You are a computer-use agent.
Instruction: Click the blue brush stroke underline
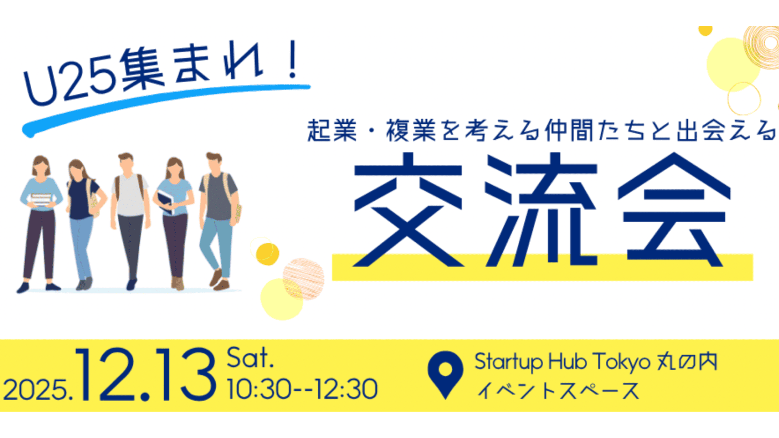[162, 105]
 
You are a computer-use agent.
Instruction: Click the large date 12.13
[146, 375]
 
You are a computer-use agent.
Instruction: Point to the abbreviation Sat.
[250, 358]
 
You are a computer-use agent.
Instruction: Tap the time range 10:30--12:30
[302, 389]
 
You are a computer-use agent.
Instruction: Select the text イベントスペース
[558, 391]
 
